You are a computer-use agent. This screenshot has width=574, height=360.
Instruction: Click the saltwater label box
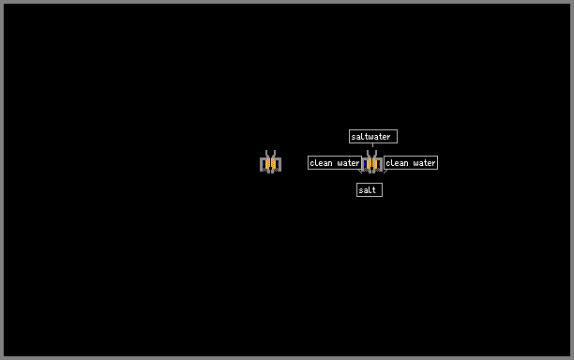(x=373, y=137)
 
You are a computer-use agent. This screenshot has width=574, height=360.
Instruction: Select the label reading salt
(x=370, y=190)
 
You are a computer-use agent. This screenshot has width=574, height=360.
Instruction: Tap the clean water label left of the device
(x=335, y=163)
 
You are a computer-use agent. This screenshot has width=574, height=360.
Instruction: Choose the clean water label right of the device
(x=411, y=163)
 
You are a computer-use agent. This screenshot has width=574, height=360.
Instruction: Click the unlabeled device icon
(x=270, y=161)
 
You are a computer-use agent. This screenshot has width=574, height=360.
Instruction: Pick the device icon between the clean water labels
(x=372, y=161)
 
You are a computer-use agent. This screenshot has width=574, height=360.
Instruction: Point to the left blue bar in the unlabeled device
(x=264, y=164)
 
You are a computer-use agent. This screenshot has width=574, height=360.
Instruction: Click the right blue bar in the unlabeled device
(x=278, y=164)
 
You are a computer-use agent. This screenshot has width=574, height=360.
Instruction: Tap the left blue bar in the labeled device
(x=365, y=164)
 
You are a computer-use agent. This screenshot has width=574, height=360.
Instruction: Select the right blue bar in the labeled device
(x=380, y=164)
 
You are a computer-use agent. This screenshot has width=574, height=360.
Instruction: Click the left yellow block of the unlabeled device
(x=268, y=163)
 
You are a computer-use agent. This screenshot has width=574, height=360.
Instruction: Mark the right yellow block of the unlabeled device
(x=274, y=163)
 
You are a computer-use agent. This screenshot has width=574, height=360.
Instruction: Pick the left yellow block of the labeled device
(x=370, y=163)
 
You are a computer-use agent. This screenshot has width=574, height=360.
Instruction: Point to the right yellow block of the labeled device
(x=375, y=163)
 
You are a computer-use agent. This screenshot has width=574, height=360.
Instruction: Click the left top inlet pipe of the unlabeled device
(x=267, y=154)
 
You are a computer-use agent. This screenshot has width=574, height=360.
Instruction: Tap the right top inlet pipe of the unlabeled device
(x=274, y=154)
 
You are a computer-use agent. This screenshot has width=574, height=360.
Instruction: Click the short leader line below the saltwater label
(x=372, y=145)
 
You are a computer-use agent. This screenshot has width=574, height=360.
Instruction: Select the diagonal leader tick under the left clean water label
(x=360, y=172)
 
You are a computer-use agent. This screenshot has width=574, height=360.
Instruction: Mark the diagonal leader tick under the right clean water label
(x=385, y=172)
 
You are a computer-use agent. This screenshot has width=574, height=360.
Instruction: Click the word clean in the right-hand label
(x=397, y=163)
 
